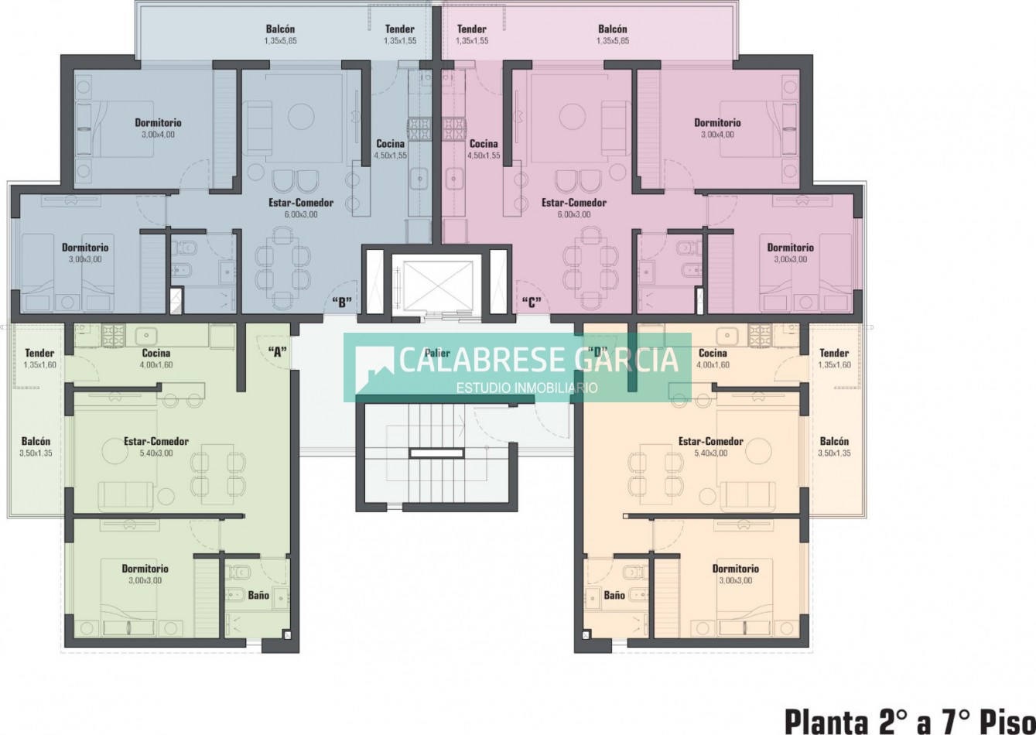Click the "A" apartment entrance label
278,353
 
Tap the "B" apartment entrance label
342,303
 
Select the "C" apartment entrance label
532,303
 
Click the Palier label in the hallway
437,354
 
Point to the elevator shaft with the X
437,285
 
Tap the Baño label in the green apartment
258,595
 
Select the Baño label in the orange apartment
614,595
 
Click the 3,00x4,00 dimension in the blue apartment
158,135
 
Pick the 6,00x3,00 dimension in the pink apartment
573,214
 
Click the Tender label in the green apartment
39,354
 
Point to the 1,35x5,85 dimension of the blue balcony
280,41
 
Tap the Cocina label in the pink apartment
484,144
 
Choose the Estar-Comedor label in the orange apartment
711,441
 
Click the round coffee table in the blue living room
301,116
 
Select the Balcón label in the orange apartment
834,441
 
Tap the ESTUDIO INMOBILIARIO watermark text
527,388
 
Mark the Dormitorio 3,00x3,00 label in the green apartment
145,574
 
